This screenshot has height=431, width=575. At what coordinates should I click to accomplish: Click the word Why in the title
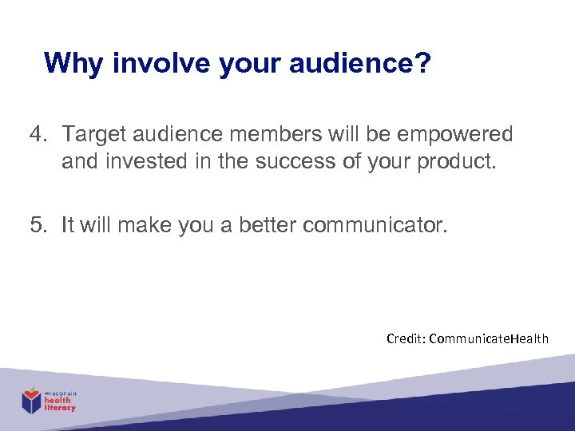[x=75, y=63]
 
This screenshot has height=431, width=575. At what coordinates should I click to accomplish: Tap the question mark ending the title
[x=422, y=63]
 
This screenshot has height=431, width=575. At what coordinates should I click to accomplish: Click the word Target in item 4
[x=93, y=134]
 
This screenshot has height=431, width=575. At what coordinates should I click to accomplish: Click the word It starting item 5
[x=68, y=225]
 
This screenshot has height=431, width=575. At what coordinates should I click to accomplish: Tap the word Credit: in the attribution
[x=405, y=338]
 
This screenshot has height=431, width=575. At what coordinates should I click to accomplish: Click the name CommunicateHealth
[x=489, y=338]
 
